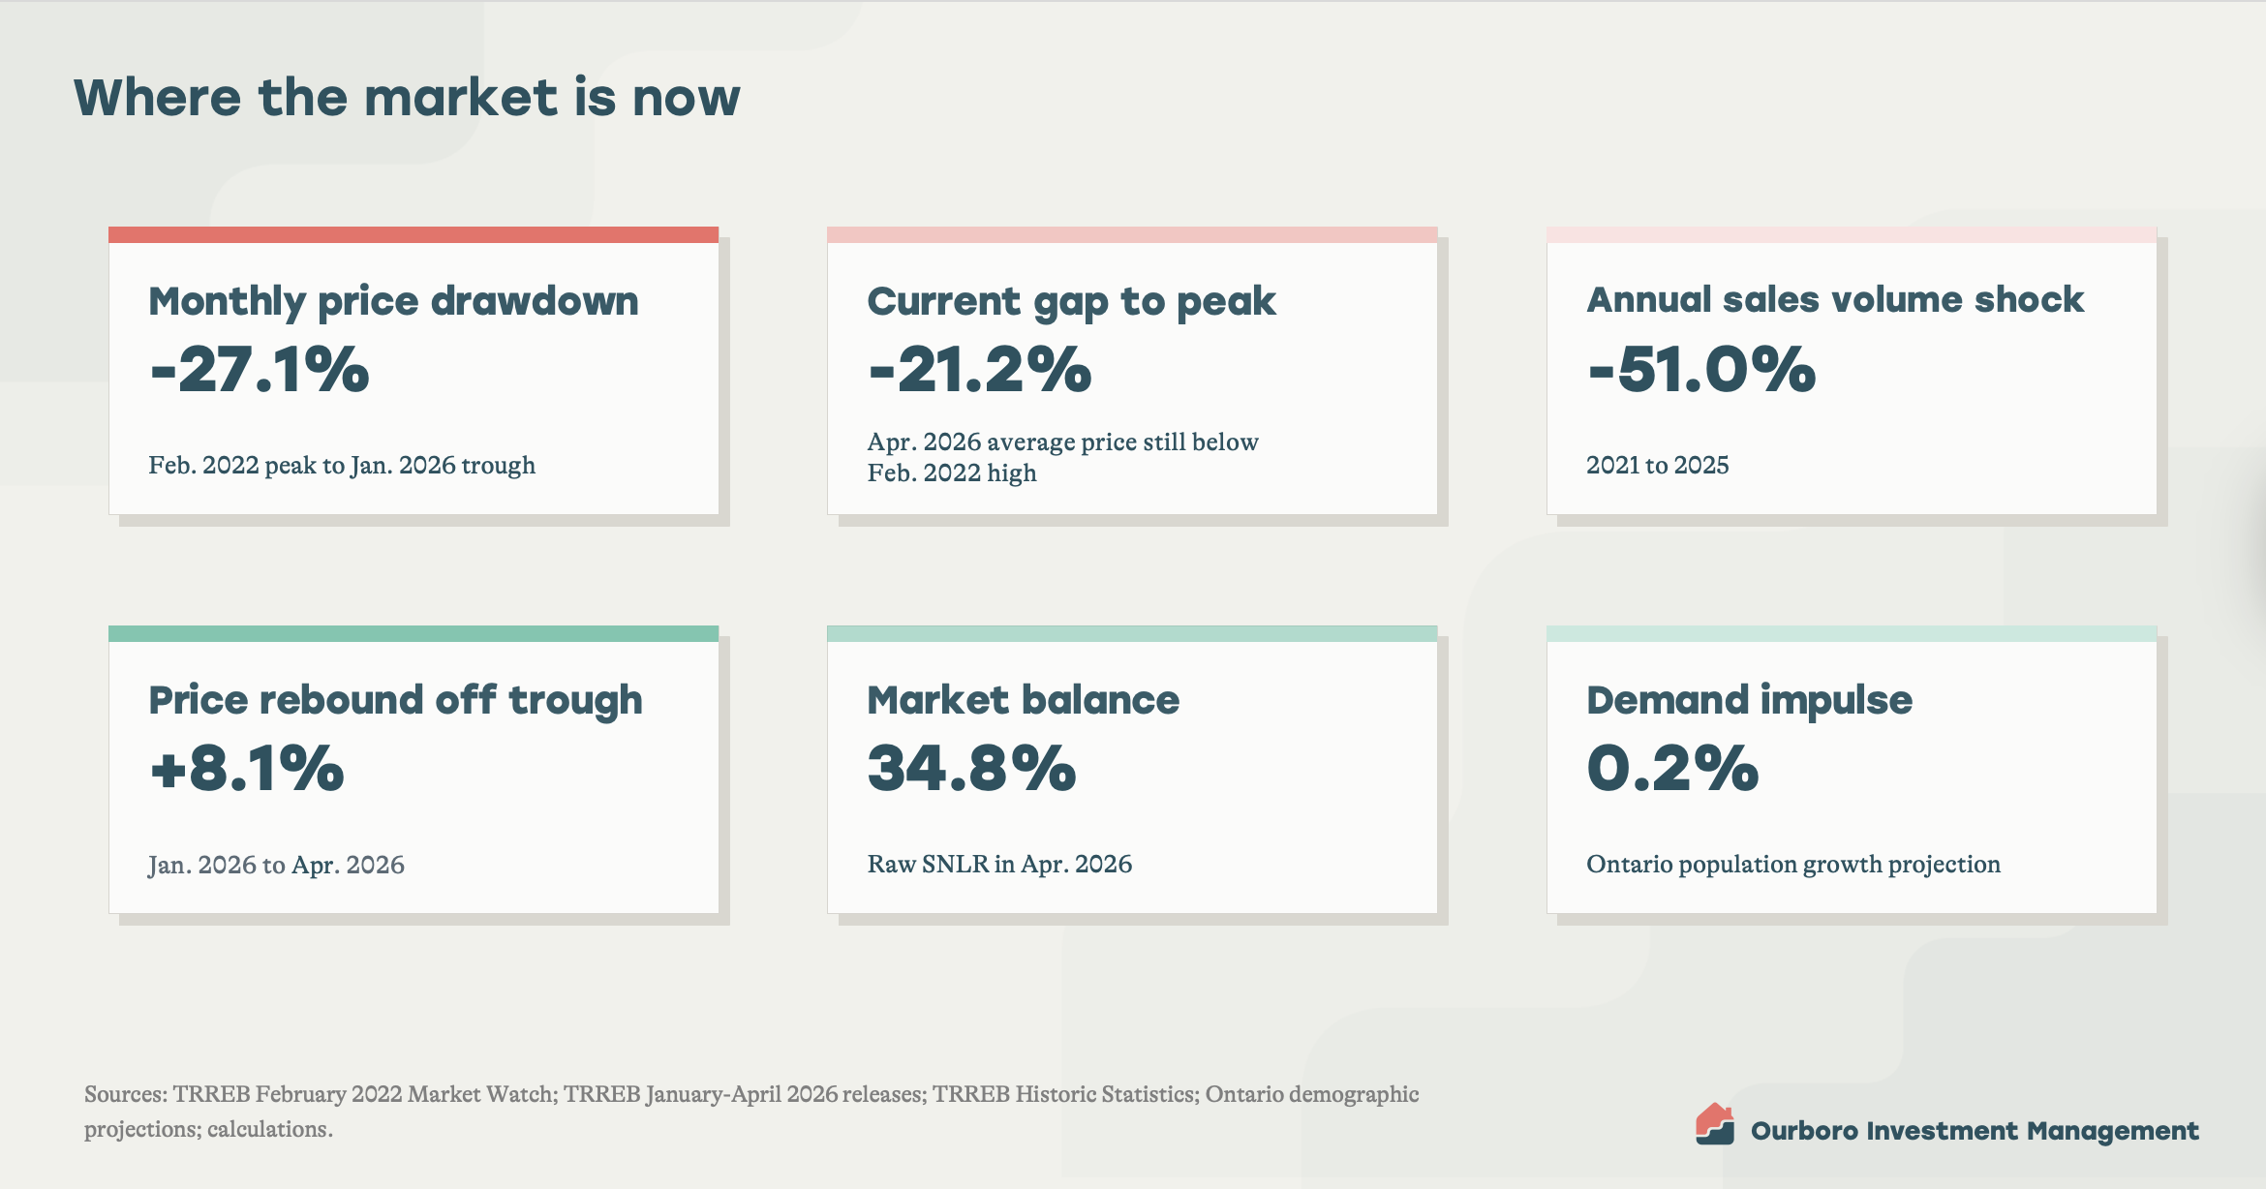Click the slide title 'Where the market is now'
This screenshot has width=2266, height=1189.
[x=407, y=98]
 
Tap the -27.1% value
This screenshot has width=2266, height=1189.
[x=260, y=370]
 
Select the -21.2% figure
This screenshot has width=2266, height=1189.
[x=979, y=370]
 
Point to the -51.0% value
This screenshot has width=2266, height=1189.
[x=1701, y=370]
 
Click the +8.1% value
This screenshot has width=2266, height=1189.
[x=247, y=769]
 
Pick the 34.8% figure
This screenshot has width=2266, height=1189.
[x=971, y=769]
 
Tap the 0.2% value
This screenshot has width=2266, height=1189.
[x=1672, y=769]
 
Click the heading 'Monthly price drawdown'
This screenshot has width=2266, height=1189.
[x=393, y=302]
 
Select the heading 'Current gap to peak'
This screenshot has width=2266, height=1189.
[x=1071, y=302]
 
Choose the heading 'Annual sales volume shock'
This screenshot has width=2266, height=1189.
[x=1835, y=300]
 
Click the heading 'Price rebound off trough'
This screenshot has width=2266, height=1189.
[x=395, y=701]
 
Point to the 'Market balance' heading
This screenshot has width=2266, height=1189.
[x=1024, y=700]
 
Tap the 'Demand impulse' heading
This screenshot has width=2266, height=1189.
[x=1749, y=701]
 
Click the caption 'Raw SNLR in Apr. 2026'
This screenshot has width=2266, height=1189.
[x=999, y=864]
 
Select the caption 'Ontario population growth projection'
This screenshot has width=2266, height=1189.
[x=1793, y=865]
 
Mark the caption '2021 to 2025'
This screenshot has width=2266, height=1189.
[x=1657, y=465]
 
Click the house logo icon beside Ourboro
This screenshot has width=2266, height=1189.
[x=1715, y=1124]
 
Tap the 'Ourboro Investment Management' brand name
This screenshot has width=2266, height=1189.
[x=1975, y=1131]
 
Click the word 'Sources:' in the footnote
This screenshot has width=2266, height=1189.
[x=126, y=1094]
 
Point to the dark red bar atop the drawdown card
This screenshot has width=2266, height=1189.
[x=413, y=234]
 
